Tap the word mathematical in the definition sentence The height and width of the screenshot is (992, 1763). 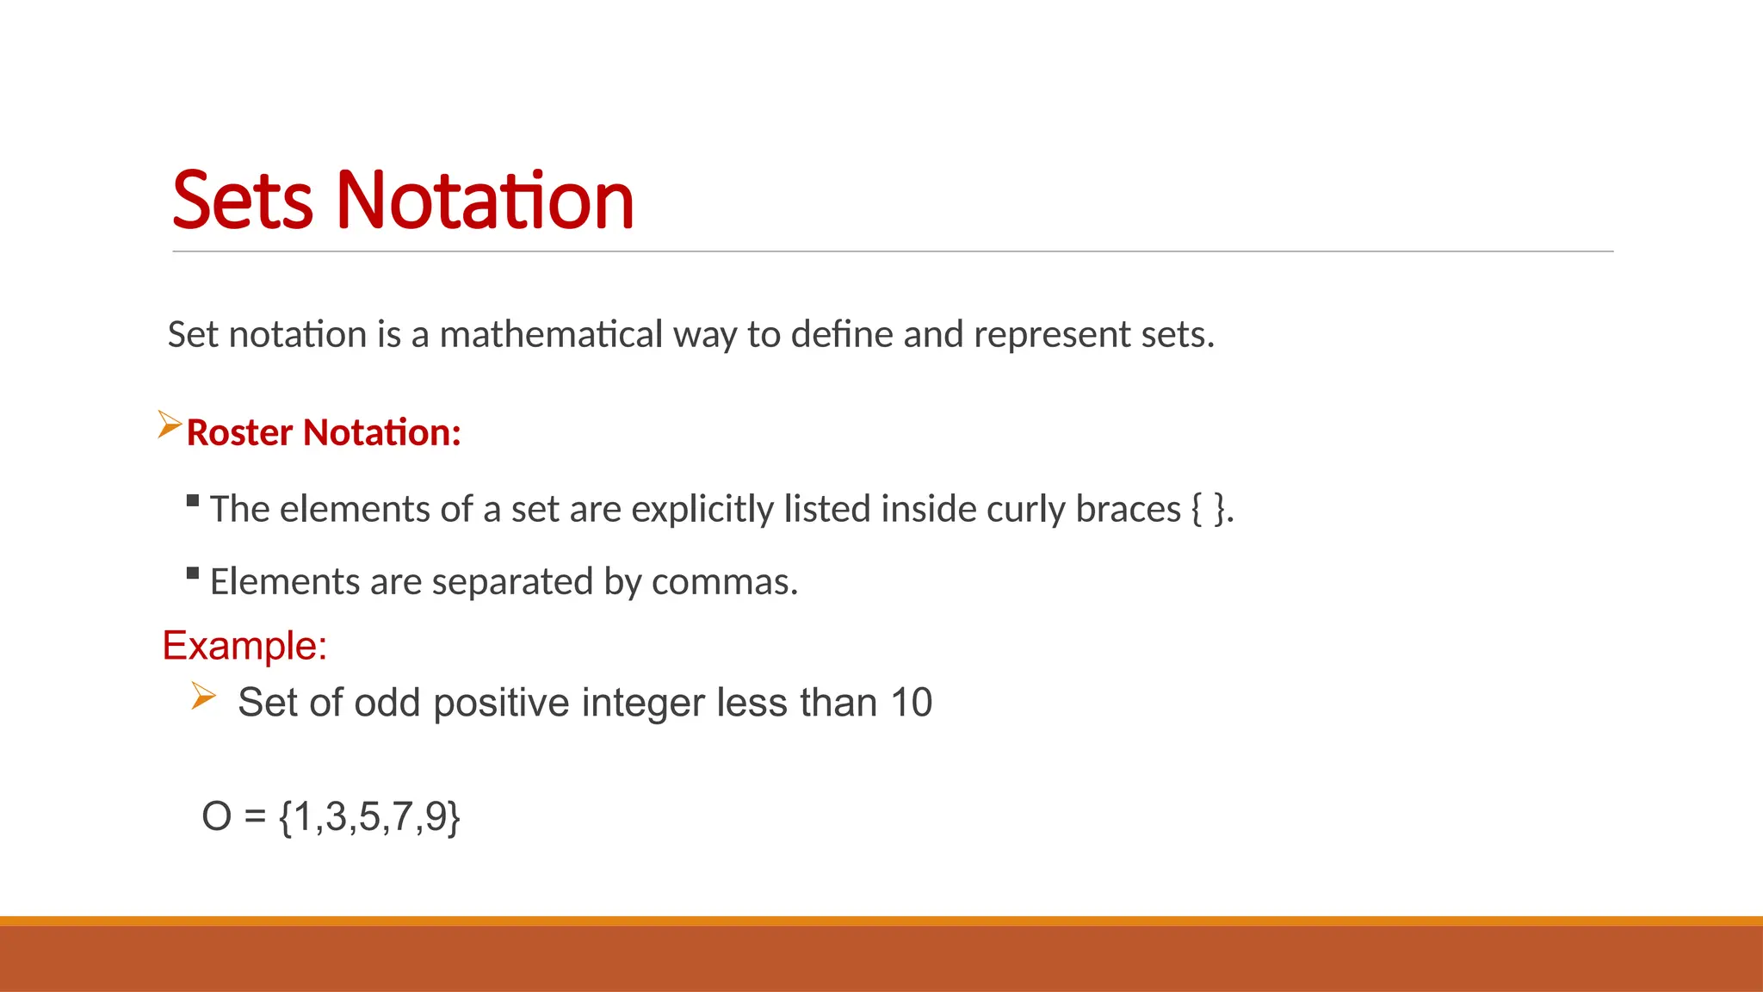point(551,334)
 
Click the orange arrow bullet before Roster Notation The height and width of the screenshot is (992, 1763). point(170,425)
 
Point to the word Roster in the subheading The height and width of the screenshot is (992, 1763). point(239,432)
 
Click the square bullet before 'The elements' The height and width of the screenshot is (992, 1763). point(193,500)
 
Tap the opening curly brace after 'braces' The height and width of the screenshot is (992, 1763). point(1197,509)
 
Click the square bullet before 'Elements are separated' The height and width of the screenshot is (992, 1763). point(193,573)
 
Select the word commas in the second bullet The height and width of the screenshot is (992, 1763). point(723,582)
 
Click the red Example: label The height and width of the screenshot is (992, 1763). point(244,645)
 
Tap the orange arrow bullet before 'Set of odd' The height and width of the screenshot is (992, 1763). point(203,695)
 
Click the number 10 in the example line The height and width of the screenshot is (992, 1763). point(911,703)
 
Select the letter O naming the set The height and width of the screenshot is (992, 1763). point(216,816)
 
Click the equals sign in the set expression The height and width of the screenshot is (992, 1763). point(255,816)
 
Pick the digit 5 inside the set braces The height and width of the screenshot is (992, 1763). point(368,816)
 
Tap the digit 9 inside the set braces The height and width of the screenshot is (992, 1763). point(435,816)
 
